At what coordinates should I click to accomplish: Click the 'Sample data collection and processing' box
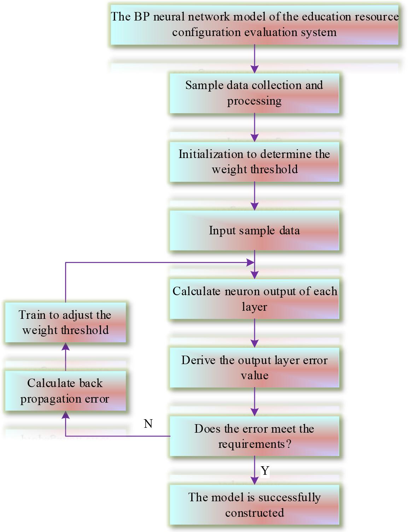point(254,93)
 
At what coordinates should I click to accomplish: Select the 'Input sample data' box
point(254,230)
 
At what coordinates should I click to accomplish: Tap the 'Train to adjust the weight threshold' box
point(65,322)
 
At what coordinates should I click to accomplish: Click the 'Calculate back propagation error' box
point(65,391)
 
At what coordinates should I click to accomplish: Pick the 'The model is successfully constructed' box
point(254,505)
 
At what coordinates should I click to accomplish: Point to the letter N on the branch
point(148,423)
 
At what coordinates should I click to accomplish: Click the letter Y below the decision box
point(265,471)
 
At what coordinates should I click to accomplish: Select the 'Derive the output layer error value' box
point(254,368)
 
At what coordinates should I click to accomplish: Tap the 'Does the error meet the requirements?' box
point(254,436)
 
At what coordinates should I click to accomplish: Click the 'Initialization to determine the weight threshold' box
point(254,162)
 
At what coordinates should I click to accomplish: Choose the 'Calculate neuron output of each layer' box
point(254,299)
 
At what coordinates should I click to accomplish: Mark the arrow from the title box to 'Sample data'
point(255,59)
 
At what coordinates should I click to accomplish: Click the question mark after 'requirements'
point(289,444)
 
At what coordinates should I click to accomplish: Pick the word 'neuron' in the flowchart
point(241,291)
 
